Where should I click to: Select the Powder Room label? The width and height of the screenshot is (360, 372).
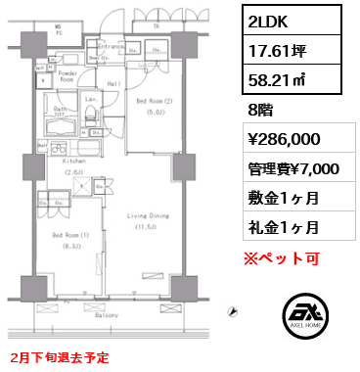click(67, 76)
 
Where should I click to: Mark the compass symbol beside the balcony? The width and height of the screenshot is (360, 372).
click(230, 313)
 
